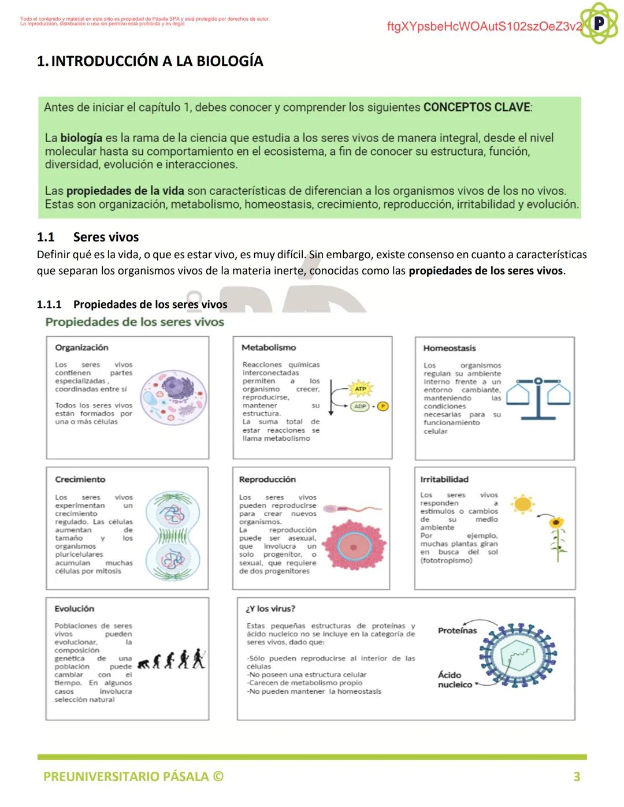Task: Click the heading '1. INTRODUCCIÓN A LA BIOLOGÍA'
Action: [150, 61]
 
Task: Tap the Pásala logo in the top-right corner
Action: [599, 23]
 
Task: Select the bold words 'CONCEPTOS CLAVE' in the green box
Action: [477, 107]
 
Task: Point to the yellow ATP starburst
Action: [360, 389]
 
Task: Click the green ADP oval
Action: [360, 406]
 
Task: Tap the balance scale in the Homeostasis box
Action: [538, 397]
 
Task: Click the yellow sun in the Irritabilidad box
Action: [522, 504]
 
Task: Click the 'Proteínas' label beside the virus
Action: [457, 630]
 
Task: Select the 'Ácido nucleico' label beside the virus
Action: [454, 679]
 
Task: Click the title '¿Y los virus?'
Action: [270, 609]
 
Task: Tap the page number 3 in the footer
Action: [576, 776]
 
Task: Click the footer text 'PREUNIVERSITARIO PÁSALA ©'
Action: [133, 776]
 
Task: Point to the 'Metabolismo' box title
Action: [268, 348]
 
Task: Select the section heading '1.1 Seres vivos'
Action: [88, 237]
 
